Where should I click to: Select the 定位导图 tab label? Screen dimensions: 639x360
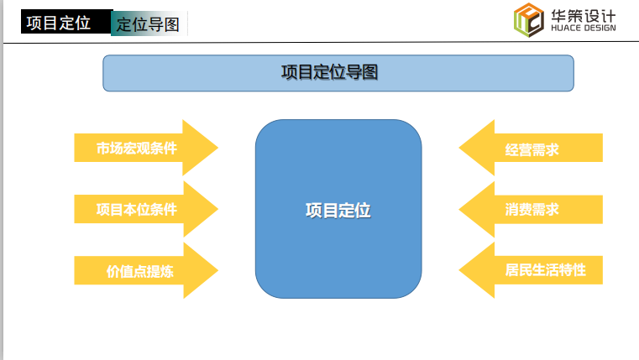[x=148, y=24]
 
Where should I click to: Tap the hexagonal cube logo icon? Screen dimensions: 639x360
[x=528, y=20]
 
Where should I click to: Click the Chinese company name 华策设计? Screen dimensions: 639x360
[x=584, y=16]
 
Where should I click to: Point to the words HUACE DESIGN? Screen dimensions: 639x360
[x=584, y=28]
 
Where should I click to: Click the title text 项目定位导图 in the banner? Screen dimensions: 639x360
[x=329, y=72]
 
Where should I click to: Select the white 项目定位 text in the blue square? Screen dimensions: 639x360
[x=338, y=211]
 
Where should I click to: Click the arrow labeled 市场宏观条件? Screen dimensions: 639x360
[x=146, y=148]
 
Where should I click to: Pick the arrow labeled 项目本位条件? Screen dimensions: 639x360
[x=146, y=209]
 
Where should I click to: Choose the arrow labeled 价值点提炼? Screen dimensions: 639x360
[x=146, y=270]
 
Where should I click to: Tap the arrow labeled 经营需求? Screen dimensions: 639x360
[x=531, y=148]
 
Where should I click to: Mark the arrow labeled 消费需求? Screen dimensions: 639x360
[x=531, y=209]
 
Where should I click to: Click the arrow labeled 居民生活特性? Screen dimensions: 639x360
[x=531, y=270]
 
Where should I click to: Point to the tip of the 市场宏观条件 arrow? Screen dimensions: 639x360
[x=218, y=148]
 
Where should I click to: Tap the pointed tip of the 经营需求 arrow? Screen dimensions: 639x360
[x=458, y=148]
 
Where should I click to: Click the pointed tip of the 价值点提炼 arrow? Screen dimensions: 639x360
[x=218, y=270]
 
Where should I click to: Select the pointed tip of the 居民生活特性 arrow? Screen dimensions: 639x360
[x=458, y=270]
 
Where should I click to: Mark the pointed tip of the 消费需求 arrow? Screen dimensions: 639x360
[x=458, y=209]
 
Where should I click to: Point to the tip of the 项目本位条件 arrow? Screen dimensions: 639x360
[x=218, y=209]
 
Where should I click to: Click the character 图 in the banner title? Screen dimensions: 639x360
[x=370, y=72]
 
